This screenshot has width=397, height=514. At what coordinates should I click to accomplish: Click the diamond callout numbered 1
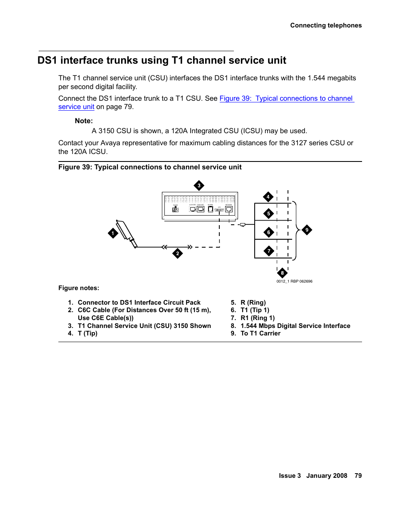click(x=113, y=233)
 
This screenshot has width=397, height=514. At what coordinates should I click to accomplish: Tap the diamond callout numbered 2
click(x=178, y=253)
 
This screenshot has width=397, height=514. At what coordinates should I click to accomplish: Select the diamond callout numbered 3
click(x=199, y=186)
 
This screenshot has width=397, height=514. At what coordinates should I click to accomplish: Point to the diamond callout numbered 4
click(x=268, y=197)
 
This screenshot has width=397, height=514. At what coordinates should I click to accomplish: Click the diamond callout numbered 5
click(x=269, y=214)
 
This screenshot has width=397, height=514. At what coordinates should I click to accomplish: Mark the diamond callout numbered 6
click(x=269, y=232)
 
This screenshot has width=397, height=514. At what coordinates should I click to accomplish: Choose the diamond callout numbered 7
click(x=269, y=251)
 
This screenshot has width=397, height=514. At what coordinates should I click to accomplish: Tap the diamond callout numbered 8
click(x=282, y=273)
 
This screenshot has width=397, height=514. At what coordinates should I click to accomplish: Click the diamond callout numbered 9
click(x=307, y=230)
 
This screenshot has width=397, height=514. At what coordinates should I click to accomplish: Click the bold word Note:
click(x=84, y=121)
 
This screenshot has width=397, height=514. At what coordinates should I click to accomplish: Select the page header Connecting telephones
click(x=326, y=25)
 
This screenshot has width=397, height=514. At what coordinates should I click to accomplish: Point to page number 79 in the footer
click(x=358, y=476)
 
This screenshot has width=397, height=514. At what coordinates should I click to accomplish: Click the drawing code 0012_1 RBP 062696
click(x=294, y=281)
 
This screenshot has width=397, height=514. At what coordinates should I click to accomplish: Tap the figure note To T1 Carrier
click(x=261, y=333)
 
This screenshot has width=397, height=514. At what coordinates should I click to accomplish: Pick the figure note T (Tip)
click(x=87, y=333)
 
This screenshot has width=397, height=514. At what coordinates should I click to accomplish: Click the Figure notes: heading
click(x=79, y=288)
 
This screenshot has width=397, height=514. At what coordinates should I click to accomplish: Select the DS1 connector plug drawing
click(x=126, y=233)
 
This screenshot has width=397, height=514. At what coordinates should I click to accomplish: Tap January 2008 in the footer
click(x=327, y=476)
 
